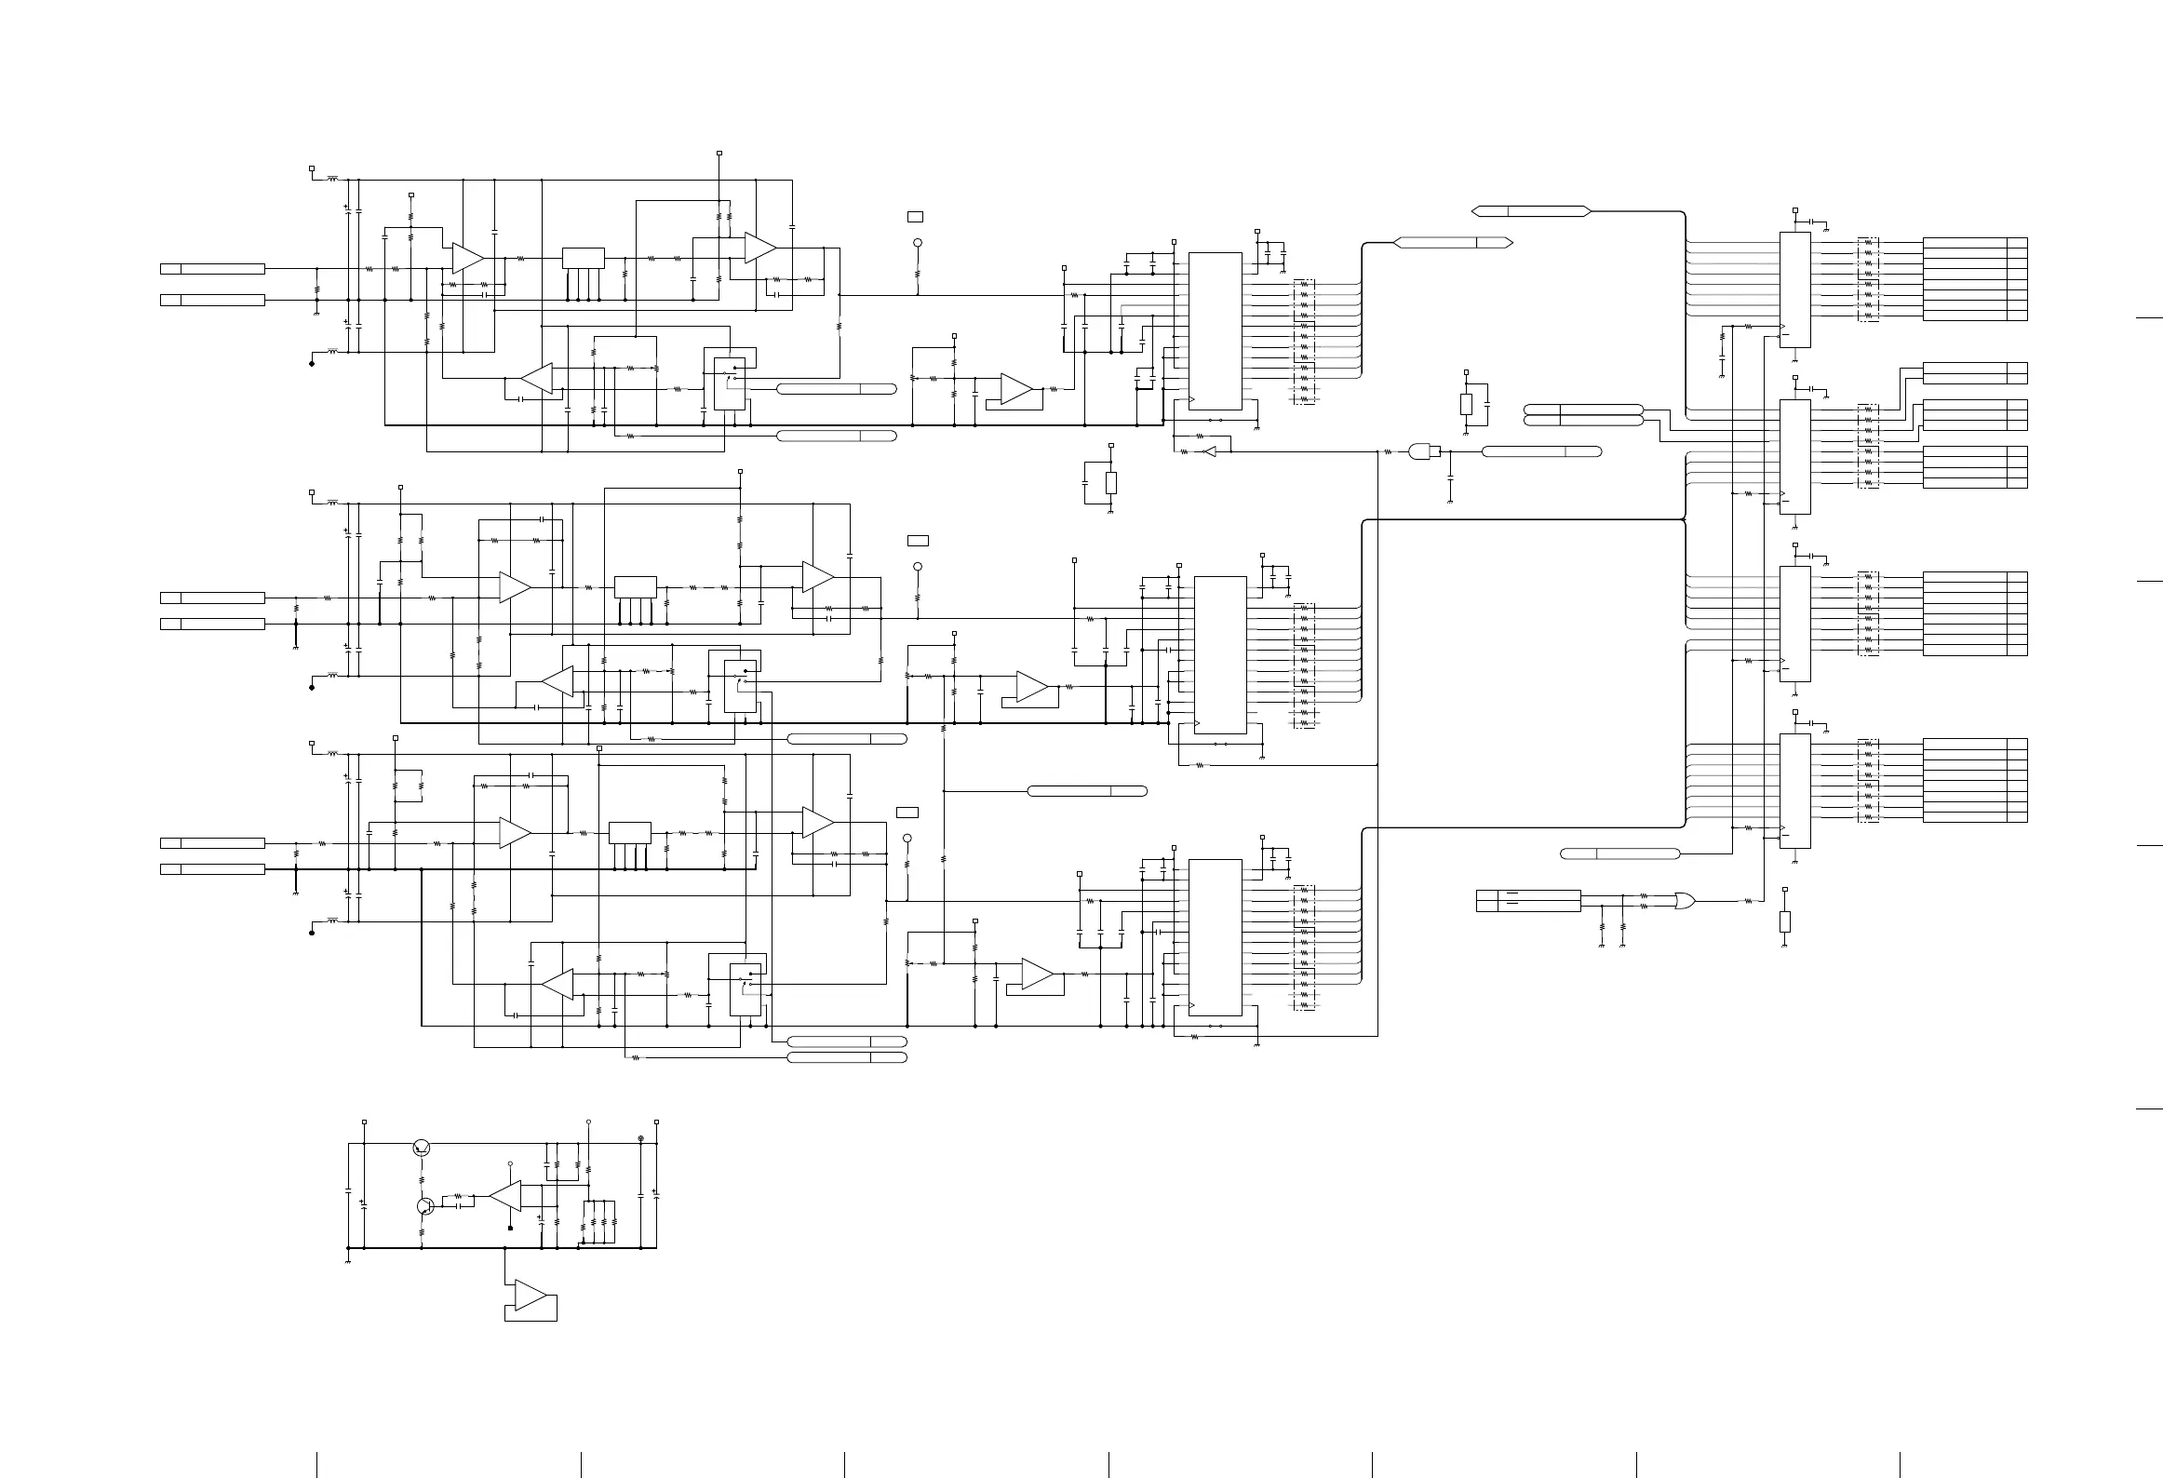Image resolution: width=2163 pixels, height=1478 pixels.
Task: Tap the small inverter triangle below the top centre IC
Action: coord(1210,451)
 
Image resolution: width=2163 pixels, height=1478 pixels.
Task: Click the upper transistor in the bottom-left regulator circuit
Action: coord(422,1148)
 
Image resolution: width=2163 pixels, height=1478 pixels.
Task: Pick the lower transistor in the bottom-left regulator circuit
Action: coord(425,1206)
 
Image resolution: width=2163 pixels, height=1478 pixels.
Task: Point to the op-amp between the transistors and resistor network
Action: coord(506,1196)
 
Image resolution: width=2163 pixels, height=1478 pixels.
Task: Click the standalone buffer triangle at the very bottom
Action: coord(531,1296)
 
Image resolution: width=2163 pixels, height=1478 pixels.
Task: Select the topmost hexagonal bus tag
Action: coord(1531,211)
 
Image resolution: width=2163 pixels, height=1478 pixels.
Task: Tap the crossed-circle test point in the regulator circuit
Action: coord(640,1139)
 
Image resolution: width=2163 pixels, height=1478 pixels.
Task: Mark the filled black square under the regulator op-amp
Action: coord(511,1229)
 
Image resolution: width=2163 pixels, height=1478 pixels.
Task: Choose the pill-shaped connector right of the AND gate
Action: coord(1541,451)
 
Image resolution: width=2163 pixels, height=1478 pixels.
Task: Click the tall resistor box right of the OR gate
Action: coord(1784,921)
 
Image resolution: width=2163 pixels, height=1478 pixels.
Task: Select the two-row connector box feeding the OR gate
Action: coord(1528,900)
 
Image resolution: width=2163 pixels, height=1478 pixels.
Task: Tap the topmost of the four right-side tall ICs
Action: coord(1794,289)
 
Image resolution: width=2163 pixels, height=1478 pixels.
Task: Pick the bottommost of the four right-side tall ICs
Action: coord(1794,790)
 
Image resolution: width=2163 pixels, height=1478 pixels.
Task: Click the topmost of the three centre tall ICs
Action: coord(1216,330)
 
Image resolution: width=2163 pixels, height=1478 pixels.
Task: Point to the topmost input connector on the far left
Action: coord(212,269)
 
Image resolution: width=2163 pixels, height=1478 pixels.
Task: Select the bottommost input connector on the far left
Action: coord(212,869)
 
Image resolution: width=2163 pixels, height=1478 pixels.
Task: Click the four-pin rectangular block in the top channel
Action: coord(583,258)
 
